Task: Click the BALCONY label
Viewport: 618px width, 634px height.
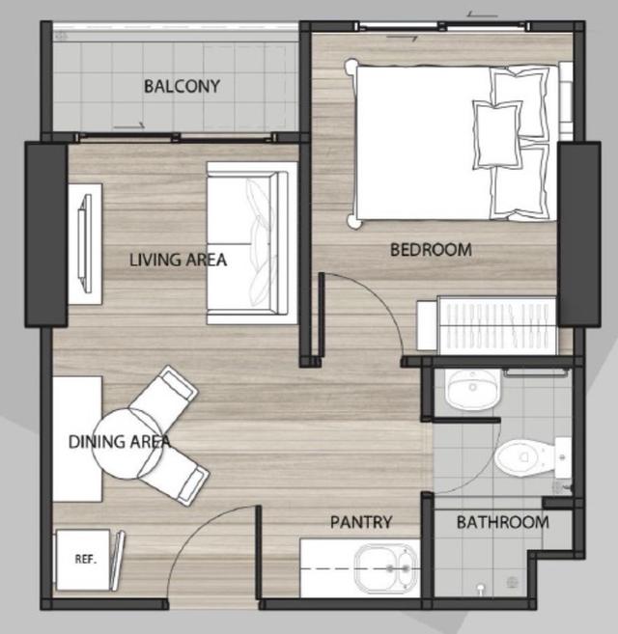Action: [182, 86]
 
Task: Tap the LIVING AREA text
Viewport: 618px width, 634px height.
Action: [179, 259]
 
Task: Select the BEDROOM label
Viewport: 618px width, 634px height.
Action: [431, 249]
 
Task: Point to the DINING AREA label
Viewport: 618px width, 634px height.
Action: [120, 442]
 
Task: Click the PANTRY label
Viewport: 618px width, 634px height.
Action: [361, 522]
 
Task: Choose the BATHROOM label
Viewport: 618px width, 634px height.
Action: [502, 522]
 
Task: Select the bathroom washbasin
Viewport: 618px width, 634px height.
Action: [472, 389]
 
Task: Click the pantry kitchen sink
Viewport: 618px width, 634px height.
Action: [385, 570]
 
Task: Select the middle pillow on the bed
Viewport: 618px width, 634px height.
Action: [497, 133]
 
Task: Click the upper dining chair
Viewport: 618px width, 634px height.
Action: [166, 391]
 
